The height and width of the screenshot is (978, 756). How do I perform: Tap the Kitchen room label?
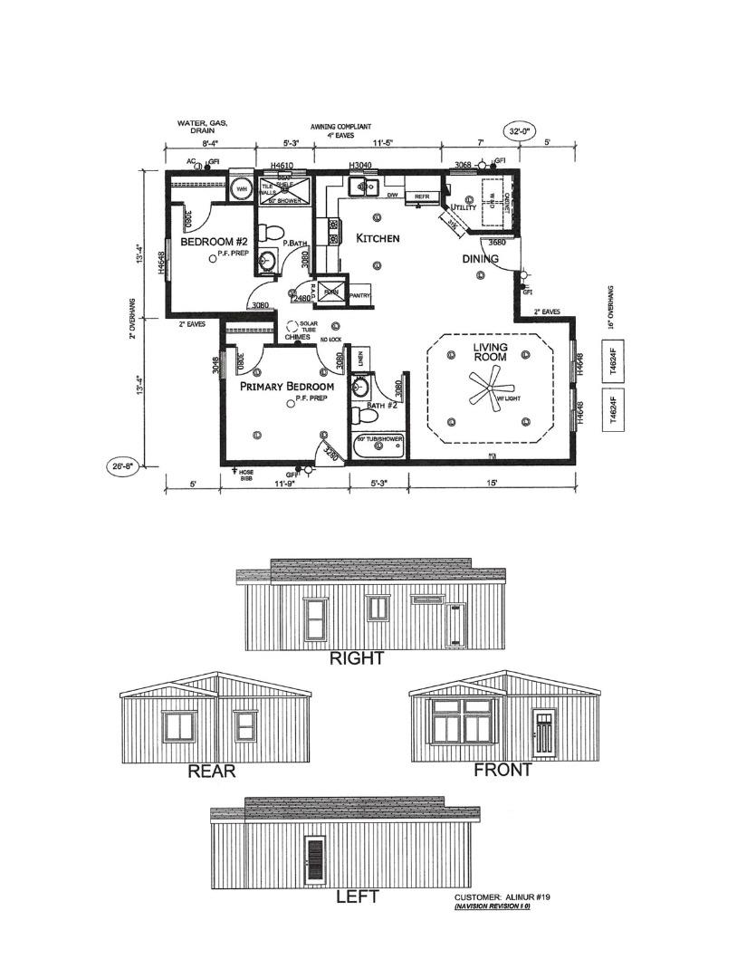378,238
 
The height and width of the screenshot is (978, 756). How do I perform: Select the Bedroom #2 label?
214,242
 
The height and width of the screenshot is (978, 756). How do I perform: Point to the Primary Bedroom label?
286,386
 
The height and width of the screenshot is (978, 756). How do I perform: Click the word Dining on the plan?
479,259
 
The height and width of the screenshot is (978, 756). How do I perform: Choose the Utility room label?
464,207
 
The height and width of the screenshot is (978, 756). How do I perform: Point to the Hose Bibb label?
246,476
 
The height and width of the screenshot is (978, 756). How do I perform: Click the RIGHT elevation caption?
357,658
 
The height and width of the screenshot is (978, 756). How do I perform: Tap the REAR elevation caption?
211,771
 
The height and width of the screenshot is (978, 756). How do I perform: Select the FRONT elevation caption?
502,770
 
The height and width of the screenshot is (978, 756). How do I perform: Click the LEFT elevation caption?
357,896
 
